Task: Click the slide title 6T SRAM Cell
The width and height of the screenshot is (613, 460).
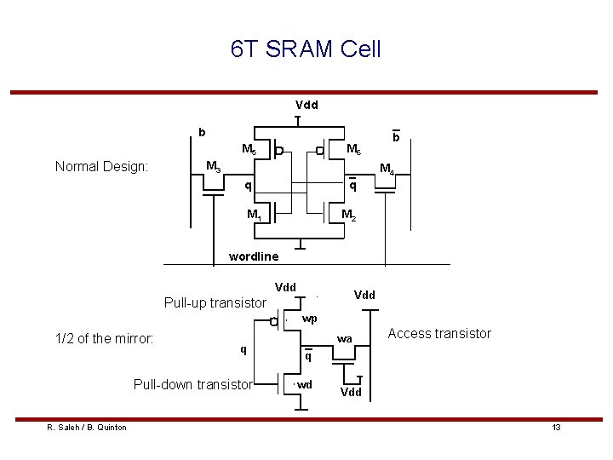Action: coord(306,49)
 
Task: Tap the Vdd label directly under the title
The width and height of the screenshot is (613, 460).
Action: coord(306,106)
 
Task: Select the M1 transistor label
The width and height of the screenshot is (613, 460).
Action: coord(254,214)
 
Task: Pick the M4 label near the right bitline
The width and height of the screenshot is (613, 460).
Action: coord(387,169)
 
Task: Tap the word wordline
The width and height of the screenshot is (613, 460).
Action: coord(254,256)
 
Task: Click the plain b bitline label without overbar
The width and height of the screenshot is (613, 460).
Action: coord(202,133)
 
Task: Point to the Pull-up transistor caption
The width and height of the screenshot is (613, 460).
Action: coord(215,302)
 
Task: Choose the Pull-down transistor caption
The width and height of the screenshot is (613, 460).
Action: coord(192,384)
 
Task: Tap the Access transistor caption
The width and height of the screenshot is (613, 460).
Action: coord(439,333)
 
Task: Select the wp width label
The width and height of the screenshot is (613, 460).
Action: coord(310,319)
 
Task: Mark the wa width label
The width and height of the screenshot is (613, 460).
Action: coord(344,339)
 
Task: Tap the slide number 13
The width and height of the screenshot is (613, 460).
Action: coord(556,427)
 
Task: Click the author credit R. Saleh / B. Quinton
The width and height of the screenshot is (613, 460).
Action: coord(86,427)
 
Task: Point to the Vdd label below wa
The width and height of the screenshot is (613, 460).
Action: coord(352,393)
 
